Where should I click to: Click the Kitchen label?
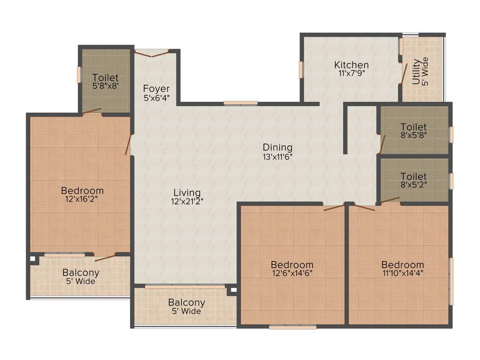(351, 65)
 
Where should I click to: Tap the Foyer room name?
(156, 89)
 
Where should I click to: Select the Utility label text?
(416, 71)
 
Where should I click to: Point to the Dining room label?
(277, 148)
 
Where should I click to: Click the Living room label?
(187, 193)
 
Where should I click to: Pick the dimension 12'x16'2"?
(82, 199)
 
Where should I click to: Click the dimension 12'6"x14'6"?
(292, 273)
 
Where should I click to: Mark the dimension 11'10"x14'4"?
(402, 273)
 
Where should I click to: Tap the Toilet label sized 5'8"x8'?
(105, 78)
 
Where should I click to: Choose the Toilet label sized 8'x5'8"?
(413, 127)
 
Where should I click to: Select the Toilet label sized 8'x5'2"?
(413, 177)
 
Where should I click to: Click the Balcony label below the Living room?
(187, 302)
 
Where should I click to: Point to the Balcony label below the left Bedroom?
(81, 273)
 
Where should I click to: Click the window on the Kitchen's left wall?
(300, 69)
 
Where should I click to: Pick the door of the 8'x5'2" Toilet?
(390, 201)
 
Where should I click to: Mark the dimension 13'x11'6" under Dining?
(277, 157)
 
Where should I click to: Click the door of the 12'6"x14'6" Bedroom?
(334, 207)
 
